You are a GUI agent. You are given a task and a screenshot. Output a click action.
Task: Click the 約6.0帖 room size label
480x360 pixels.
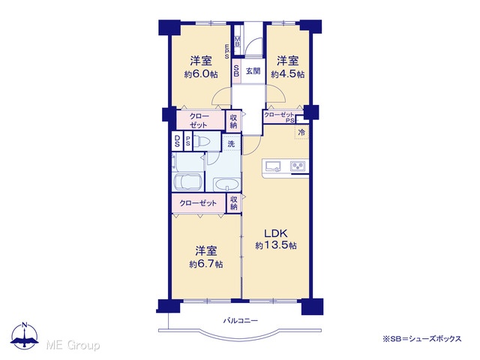point(201,74)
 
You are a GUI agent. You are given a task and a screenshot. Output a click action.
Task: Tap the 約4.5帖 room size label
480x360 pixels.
point(287,74)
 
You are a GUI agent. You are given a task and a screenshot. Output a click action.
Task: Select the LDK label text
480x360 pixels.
point(276,233)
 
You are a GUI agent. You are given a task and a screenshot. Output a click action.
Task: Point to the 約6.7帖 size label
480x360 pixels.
point(206,264)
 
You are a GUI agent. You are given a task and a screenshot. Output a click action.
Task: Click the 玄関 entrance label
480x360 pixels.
point(253,71)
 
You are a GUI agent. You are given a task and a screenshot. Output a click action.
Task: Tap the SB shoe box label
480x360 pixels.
point(236,71)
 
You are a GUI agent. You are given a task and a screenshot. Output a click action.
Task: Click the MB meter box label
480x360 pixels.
point(238,41)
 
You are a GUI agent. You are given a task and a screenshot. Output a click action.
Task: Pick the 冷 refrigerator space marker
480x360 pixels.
point(301,133)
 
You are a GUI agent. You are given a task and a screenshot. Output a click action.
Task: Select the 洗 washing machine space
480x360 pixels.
point(231,143)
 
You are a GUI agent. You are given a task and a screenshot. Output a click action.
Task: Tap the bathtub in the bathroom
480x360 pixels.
point(187,182)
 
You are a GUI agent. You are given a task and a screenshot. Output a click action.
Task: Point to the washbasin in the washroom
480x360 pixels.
point(226,184)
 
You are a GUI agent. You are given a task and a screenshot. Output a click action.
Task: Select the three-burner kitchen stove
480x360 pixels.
point(298,166)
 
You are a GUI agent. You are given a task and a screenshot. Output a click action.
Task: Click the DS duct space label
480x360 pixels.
point(177,141)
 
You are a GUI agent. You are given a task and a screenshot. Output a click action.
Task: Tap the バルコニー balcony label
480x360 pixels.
point(241,320)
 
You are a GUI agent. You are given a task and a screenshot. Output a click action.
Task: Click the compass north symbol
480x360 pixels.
point(25,335)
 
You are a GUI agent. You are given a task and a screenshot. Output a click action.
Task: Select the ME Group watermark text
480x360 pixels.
point(73,345)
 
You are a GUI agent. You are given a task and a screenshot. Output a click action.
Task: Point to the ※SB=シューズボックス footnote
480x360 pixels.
point(422,339)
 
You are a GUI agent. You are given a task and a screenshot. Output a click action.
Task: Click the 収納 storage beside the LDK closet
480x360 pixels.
point(233,202)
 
